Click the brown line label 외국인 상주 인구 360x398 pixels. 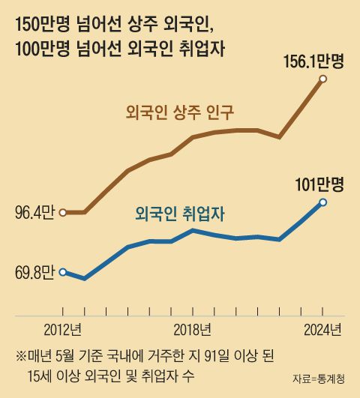point(180,113)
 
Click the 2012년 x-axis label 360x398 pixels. point(63,328)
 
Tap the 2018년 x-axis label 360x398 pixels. point(193,328)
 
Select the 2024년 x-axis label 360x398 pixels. point(322,328)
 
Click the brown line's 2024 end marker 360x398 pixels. point(322,79)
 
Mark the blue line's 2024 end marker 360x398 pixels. point(322,202)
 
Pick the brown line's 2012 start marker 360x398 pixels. point(63,213)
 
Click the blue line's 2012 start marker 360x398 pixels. point(63,272)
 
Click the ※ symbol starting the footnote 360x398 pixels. point(20,355)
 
